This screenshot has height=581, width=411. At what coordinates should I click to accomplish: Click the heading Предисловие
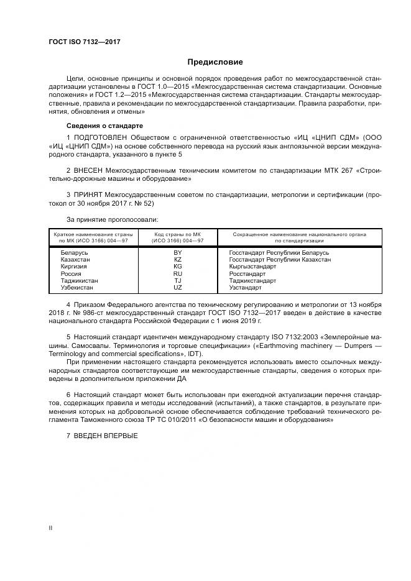[x=215, y=62]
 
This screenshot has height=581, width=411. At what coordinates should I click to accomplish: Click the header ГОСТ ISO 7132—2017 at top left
[x=84, y=42]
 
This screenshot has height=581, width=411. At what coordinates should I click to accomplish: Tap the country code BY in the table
[x=177, y=253]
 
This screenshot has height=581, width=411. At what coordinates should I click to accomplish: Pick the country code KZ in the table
[x=177, y=260]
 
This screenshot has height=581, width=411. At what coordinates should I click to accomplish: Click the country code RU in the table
[x=177, y=274]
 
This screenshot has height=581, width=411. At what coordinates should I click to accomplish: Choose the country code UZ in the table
[x=177, y=288]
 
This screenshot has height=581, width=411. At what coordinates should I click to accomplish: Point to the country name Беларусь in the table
[x=75, y=253]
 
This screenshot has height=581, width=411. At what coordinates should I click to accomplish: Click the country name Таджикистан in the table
[x=79, y=281]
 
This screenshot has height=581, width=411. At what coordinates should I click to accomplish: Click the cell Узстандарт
[x=245, y=288]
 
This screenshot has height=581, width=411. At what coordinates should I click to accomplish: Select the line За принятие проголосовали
[x=112, y=219]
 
